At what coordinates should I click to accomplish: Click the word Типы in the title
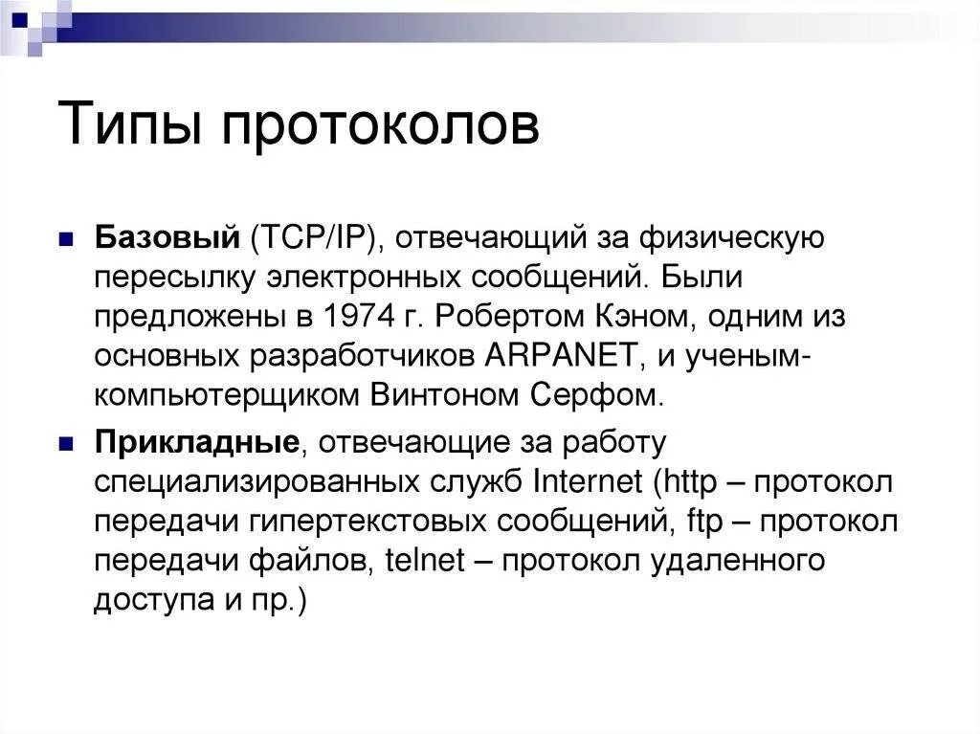point(131,127)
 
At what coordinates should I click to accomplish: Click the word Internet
point(588,481)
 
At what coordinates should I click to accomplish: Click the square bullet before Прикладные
point(67,444)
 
